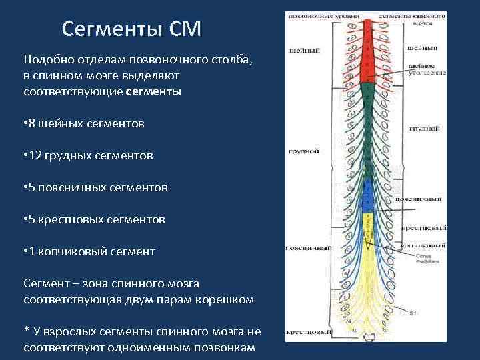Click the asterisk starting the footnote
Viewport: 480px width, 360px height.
pos(26,332)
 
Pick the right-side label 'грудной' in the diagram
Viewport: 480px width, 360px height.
pos(424,127)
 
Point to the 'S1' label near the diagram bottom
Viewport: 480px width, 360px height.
pos(413,313)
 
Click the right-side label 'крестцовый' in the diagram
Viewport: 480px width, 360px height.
pos(423,228)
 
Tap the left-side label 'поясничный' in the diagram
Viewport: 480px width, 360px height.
pos(309,247)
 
